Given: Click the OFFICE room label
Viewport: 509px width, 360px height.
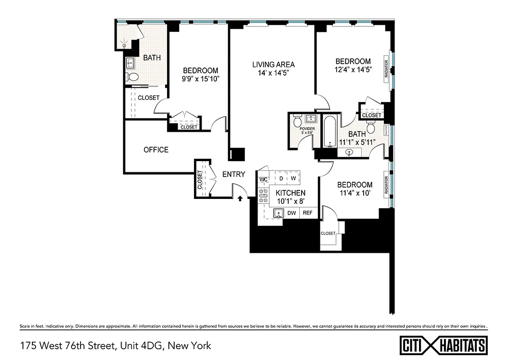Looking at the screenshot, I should click(156, 150).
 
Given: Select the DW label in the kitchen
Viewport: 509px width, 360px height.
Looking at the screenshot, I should click(292, 213).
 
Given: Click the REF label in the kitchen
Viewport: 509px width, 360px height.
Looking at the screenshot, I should click(307, 213).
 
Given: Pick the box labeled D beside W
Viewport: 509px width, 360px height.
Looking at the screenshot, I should click(281, 178).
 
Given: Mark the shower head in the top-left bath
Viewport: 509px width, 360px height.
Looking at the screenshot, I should click(124, 45).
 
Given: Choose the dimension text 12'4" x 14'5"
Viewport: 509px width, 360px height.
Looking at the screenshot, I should click(353, 70).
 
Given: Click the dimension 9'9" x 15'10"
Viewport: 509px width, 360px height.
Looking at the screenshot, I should click(200, 79).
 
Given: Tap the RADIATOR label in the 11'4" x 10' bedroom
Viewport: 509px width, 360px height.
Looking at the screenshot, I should click(386, 185).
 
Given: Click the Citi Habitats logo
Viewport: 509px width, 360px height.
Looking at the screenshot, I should click(443, 346).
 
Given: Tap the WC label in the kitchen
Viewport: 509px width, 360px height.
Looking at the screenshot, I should click(263, 179).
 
